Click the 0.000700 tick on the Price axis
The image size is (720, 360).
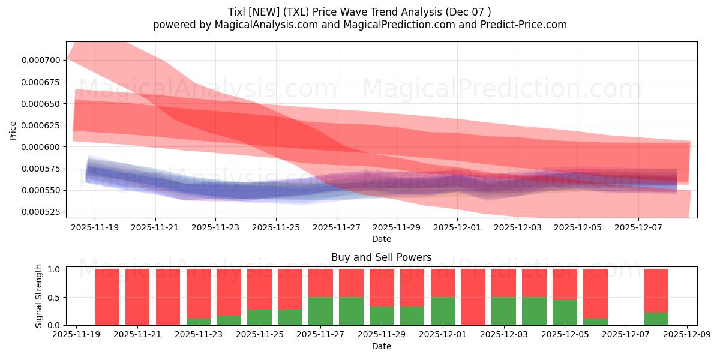click(41, 60)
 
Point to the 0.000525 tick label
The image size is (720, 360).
click(41, 212)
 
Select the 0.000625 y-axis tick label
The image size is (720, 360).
click(41, 125)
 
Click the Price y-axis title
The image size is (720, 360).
click(13, 130)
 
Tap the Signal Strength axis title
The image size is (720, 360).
click(39, 296)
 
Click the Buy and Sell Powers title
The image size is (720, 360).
click(381, 257)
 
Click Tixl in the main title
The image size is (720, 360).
click(239, 11)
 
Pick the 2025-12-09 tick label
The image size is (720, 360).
click(686, 335)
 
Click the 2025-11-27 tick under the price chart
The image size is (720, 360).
click(337, 228)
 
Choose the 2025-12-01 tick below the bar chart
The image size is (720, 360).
click(443, 335)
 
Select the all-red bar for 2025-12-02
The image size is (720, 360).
click(473, 297)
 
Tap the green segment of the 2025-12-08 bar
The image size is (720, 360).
click(656, 319)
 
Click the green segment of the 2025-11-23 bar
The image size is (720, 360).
click(199, 322)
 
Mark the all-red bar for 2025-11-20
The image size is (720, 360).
click(107, 297)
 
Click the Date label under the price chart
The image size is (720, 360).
click(381, 239)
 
